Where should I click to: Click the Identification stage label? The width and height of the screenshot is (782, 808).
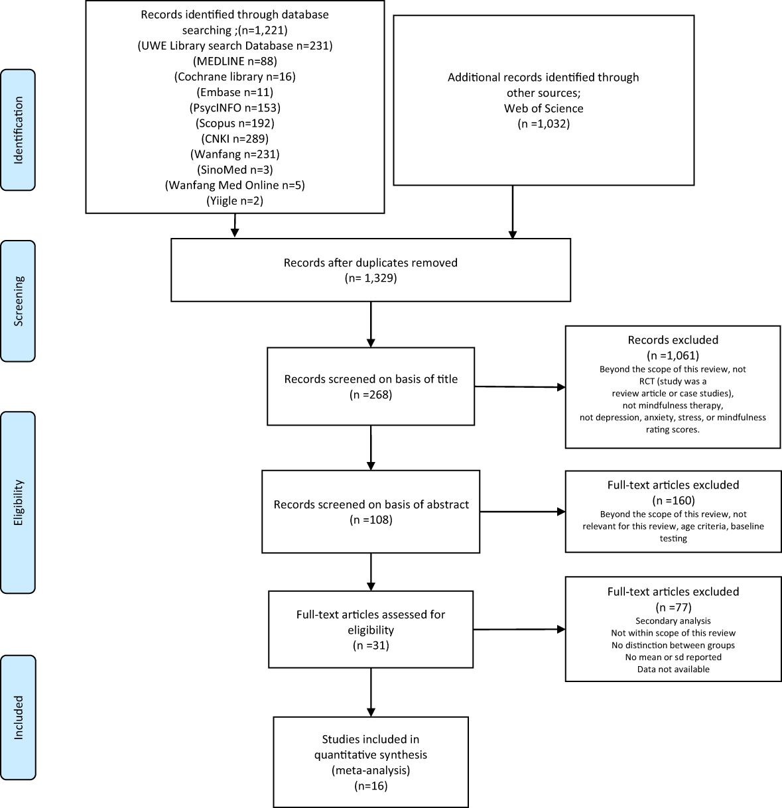(x=18, y=130)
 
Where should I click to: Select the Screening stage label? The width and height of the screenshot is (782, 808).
(x=18, y=300)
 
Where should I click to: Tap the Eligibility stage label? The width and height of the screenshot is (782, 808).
(x=18, y=502)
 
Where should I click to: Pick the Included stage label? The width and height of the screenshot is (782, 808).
(x=18, y=717)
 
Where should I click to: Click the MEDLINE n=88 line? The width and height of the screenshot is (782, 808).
(x=235, y=62)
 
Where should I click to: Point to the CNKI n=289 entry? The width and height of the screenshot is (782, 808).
(x=235, y=139)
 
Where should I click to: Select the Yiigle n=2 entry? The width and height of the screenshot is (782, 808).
(x=235, y=200)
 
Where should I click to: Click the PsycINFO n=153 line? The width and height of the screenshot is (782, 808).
(x=235, y=107)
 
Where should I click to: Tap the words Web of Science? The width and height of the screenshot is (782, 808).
(x=543, y=108)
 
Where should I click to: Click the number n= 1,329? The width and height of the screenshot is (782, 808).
(x=371, y=278)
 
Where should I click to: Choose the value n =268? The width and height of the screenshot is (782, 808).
(x=371, y=395)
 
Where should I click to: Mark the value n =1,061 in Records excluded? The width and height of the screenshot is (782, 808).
(x=673, y=355)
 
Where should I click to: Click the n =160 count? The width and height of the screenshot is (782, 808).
(x=673, y=500)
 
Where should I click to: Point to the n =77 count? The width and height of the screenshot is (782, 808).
(x=673, y=606)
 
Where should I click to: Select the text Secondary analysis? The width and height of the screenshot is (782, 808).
(x=673, y=621)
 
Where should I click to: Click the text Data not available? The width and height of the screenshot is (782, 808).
(x=673, y=669)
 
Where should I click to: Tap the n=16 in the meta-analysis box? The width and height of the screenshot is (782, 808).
(x=371, y=786)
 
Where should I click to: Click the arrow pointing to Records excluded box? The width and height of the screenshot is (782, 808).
(x=520, y=386)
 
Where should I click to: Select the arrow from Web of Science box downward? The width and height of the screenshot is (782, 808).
(x=513, y=212)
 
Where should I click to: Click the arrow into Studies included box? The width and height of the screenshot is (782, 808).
(x=371, y=692)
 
